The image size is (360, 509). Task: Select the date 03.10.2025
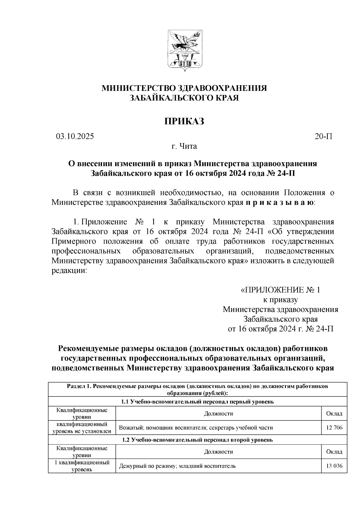pyautogui.click(x=75, y=136)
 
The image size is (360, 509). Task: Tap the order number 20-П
pyautogui.click(x=323, y=136)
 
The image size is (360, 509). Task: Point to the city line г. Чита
pyautogui.click(x=184, y=146)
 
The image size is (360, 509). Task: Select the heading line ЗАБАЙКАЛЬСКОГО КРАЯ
pyautogui.click(x=184, y=98)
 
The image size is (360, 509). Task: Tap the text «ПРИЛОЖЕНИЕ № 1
pyautogui.click(x=280, y=290)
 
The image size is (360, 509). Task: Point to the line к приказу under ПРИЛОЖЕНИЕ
pyautogui.click(x=280, y=300)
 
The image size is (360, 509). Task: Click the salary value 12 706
pyautogui.click(x=334, y=428)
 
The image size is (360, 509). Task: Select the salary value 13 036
pyautogui.click(x=334, y=466)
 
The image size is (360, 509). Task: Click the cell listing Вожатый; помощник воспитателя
pyautogui.click(x=196, y=428)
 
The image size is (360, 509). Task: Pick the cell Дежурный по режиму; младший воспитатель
pyautogui.click(x=177, y=466)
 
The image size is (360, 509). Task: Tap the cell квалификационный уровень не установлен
pyautogui.click(x=82, y=428)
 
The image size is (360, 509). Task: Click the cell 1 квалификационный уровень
pyautogui.click(x=82, y=466)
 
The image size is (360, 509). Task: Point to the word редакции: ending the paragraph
pyautogui.click(x=69, y=271)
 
